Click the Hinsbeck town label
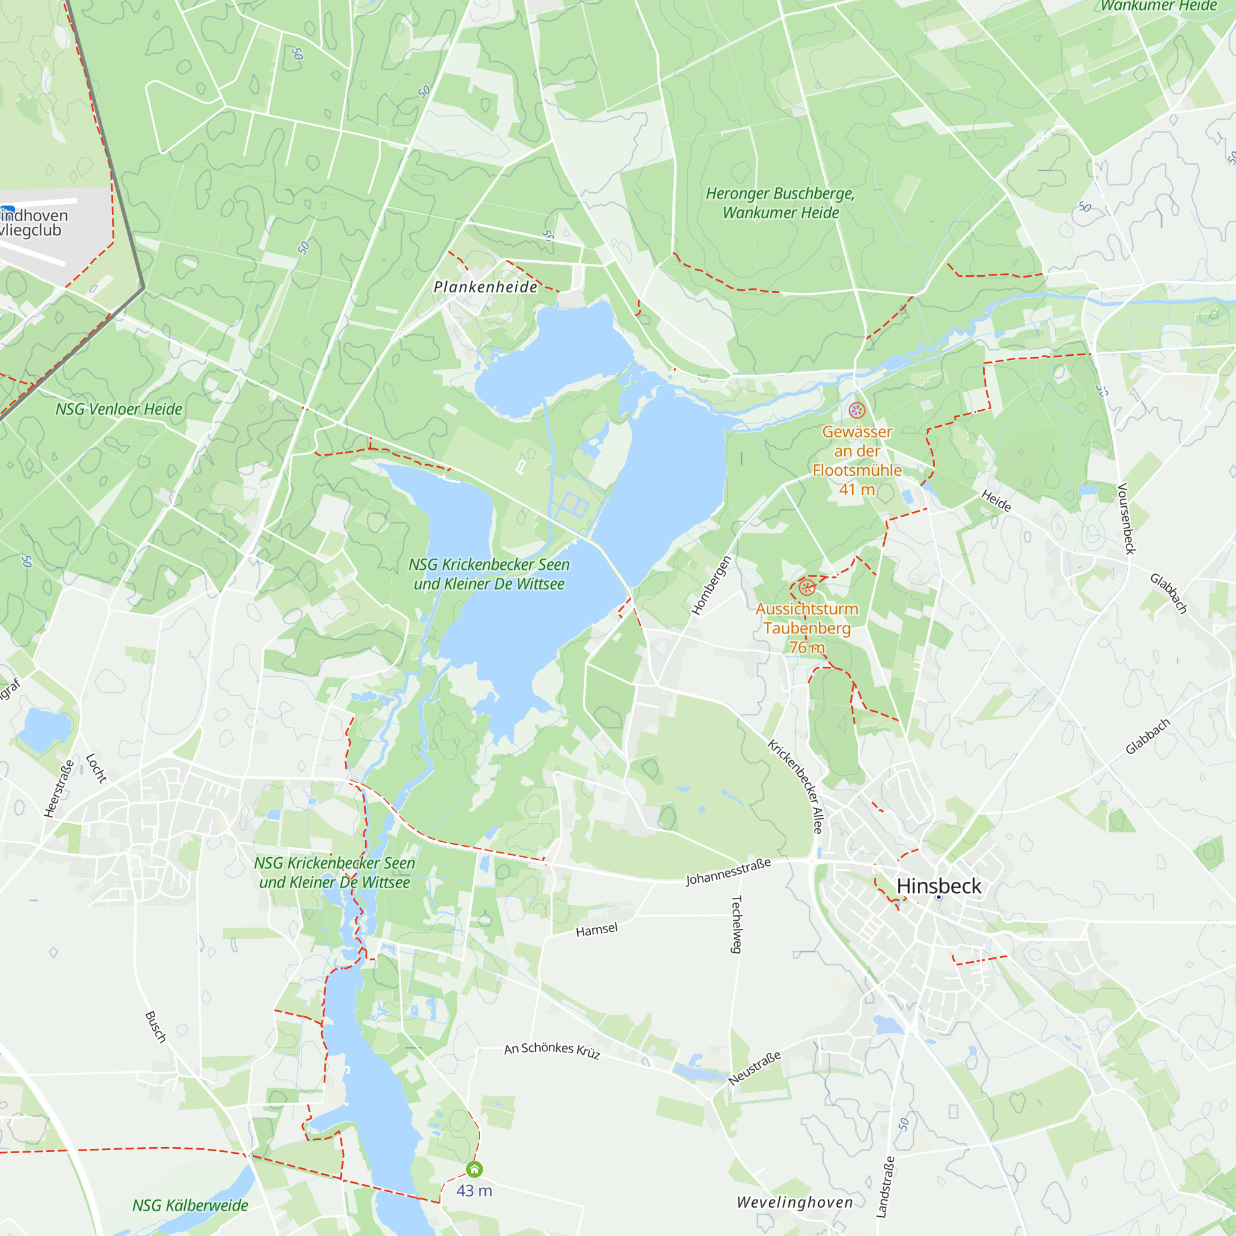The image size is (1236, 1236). [939, 886]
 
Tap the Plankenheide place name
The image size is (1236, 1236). [486, 287]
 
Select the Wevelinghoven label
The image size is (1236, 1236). [795, 1202]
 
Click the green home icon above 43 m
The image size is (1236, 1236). [474, 1169]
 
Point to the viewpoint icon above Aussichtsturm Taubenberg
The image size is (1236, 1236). [806, 586]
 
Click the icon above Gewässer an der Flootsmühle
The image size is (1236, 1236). [857, 410]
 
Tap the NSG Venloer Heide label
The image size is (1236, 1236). [119, 410]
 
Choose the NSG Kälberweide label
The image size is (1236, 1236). [190, 1205]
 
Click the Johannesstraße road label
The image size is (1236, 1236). [728, 872]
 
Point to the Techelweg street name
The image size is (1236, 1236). [737, 924]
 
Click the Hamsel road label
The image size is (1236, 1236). [597, 929]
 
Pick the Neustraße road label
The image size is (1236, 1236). [755, 1068]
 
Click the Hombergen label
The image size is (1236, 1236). [711, 585]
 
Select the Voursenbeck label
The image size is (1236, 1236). [1126, 519]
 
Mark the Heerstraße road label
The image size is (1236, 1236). [59, 788]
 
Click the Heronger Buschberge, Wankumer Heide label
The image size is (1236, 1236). [781, 203]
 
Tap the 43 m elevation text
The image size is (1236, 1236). [474, 1191]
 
